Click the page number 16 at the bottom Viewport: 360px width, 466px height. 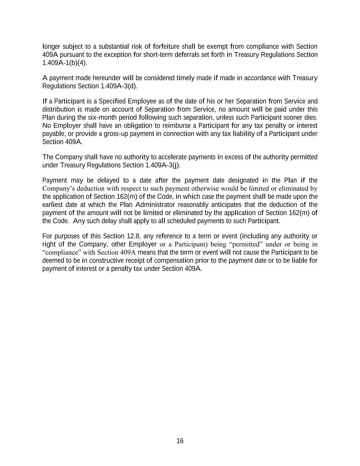(180, 441)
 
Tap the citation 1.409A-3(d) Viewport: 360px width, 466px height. (119, 86)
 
